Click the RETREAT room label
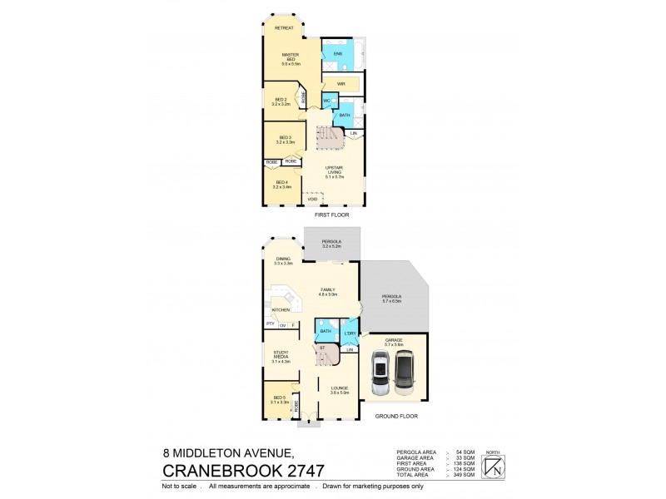[284, 28]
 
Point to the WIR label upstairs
[341, 84]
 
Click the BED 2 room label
[281, 101]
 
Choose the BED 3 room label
[285, 139]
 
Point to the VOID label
[312, 199]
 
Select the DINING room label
[284, 259]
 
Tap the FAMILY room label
[327, 291]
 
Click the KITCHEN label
[280, 309]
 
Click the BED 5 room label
[279, 400]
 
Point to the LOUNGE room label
[339, 390]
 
